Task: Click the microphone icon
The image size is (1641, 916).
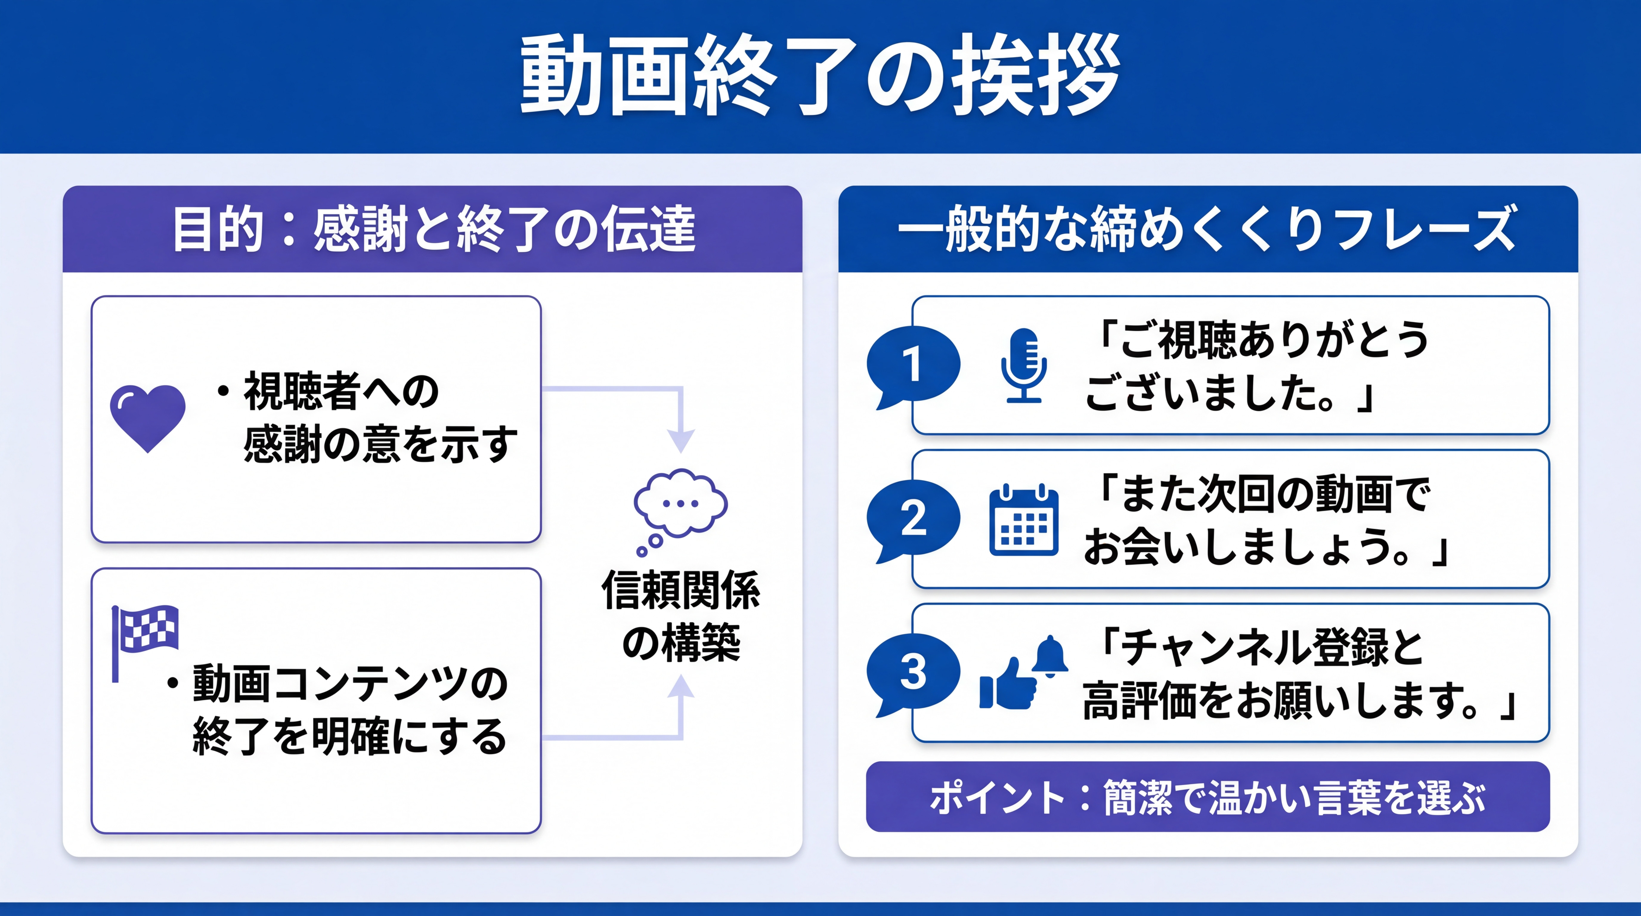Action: coord(1023,365)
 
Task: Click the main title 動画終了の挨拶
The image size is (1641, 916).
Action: coord(820,75)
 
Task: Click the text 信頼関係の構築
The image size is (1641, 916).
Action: coord(680,616)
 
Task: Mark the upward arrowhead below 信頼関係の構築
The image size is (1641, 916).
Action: coord(680,687)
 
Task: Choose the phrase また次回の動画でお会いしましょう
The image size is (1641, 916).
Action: coord(1264,520)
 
